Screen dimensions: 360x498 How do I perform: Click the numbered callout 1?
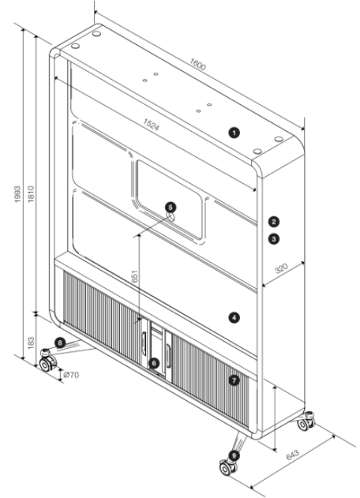tap(234, 133)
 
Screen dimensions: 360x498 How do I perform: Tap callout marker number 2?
tap(274, 222)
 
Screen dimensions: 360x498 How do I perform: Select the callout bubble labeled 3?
tap(274, 238)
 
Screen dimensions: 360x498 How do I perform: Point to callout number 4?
tap(234, 317)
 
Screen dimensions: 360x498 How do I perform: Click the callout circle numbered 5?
tap(171, 208)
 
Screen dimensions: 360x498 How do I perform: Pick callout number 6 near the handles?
tap(154, 363)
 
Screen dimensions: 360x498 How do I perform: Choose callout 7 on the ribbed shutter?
tap(234, 380)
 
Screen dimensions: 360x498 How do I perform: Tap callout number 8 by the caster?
tap(60, 343)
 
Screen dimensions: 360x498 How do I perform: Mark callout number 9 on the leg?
tap(234, 455)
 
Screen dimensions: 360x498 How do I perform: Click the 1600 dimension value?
tap(197, 64)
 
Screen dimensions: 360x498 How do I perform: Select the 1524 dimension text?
tap(151, 125)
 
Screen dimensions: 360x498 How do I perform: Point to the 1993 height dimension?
tap(17, 194)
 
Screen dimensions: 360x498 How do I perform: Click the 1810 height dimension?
tap(31, 194)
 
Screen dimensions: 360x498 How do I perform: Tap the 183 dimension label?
tap(31, 343)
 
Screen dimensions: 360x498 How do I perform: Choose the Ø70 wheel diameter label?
tap(71, 375)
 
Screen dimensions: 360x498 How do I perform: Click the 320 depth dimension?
tap(281, 268)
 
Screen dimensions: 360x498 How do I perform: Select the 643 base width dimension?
tap(293, 455)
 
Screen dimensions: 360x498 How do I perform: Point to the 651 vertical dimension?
tap(134, 276)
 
